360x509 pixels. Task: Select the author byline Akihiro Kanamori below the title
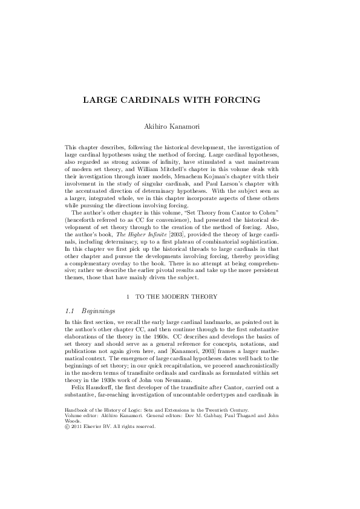tap(180, 128)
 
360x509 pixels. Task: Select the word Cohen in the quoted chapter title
tap(278, 216)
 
